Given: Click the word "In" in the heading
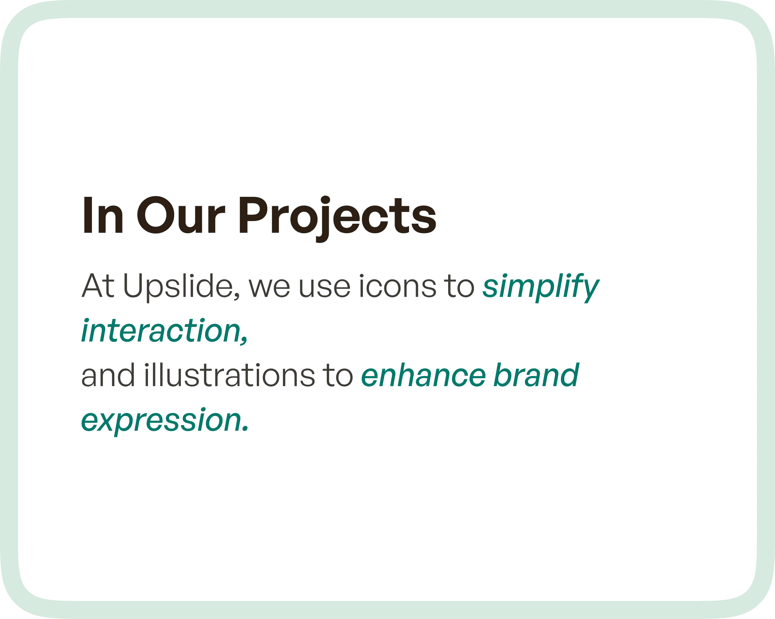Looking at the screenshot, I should [x=103, y=216].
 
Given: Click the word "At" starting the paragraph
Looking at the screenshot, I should [x=98, y=286].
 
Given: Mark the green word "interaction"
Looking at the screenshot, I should [x=160, y=331].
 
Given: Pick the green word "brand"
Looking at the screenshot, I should [x=536, y=375].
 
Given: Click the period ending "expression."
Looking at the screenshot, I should [x=245, y=429].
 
